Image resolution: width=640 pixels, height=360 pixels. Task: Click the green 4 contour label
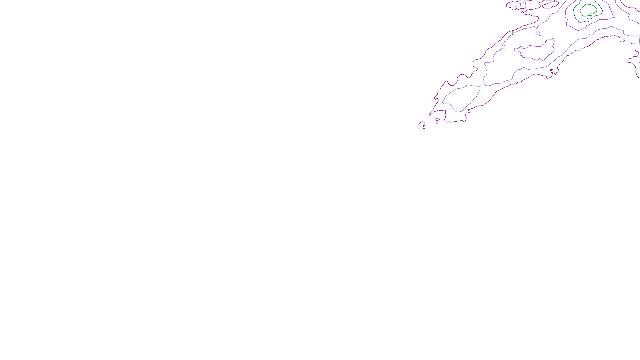click(590, 15)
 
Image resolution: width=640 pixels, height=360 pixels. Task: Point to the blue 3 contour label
click(588, 20)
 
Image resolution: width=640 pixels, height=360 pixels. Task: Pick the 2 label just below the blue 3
click(586, 27)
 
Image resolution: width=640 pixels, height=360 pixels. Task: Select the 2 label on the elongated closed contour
click(521, 54)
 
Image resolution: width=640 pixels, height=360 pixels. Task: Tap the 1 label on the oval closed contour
click(456, 110)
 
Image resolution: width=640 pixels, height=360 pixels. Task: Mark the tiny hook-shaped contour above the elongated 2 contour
click(538, 33)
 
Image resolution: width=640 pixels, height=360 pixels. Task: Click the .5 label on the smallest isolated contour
click(424, 127)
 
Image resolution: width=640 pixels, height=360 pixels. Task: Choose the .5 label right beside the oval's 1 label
click(469, 111)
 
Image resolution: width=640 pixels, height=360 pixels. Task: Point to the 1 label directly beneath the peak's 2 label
click(590, 36)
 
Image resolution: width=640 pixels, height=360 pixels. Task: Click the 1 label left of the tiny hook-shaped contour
click(512, 33)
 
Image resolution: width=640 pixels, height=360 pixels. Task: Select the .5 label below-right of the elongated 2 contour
click(551, 71)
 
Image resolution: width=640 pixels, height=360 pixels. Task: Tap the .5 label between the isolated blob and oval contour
click(436, 122)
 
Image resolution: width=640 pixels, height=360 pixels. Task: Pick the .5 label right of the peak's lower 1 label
click(623, 40)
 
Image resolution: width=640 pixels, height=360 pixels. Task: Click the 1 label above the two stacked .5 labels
click(520, 5)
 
